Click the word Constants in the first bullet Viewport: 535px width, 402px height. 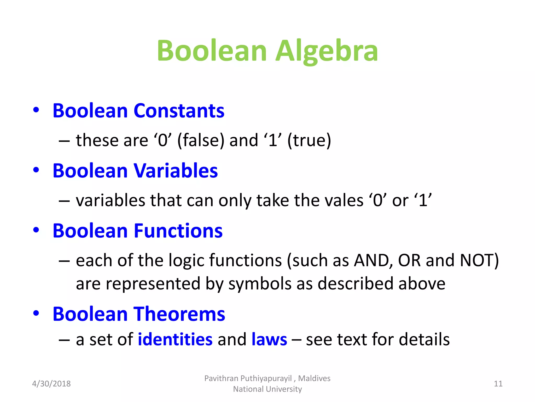point(179,111)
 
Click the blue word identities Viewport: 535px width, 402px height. point(175,339)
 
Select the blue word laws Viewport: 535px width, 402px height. point(269,339)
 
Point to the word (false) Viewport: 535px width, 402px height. point(201,140)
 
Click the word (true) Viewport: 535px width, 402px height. point(309,140)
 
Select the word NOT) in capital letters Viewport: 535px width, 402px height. point(479,261)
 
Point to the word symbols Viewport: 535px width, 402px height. point(260,284)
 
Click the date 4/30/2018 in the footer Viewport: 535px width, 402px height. point(51,384)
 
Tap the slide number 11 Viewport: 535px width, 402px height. point(498,384)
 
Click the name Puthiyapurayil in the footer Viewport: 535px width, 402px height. point(266,378)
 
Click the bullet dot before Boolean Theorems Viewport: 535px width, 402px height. point(36,313)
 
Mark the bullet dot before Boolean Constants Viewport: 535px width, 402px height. point(36,110)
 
